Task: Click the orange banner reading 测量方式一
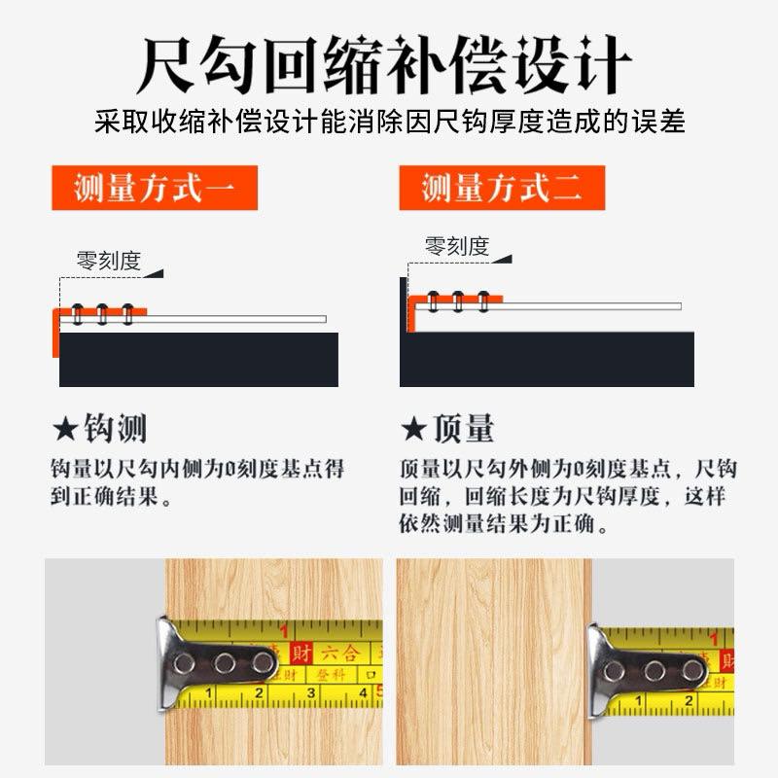coord(154,188)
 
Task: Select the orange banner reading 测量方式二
coord(502,188)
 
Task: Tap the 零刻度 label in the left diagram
coord(109,261)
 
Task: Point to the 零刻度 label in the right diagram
coord(457,246)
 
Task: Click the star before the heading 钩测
coord(65,429)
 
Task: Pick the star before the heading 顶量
coord(413,429)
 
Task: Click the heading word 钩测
coord(116,429)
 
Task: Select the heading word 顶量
coord(464,429)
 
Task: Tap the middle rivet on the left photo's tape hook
coord(225,664)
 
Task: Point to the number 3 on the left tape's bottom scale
coord(310,693)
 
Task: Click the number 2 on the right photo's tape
coord(689,699)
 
